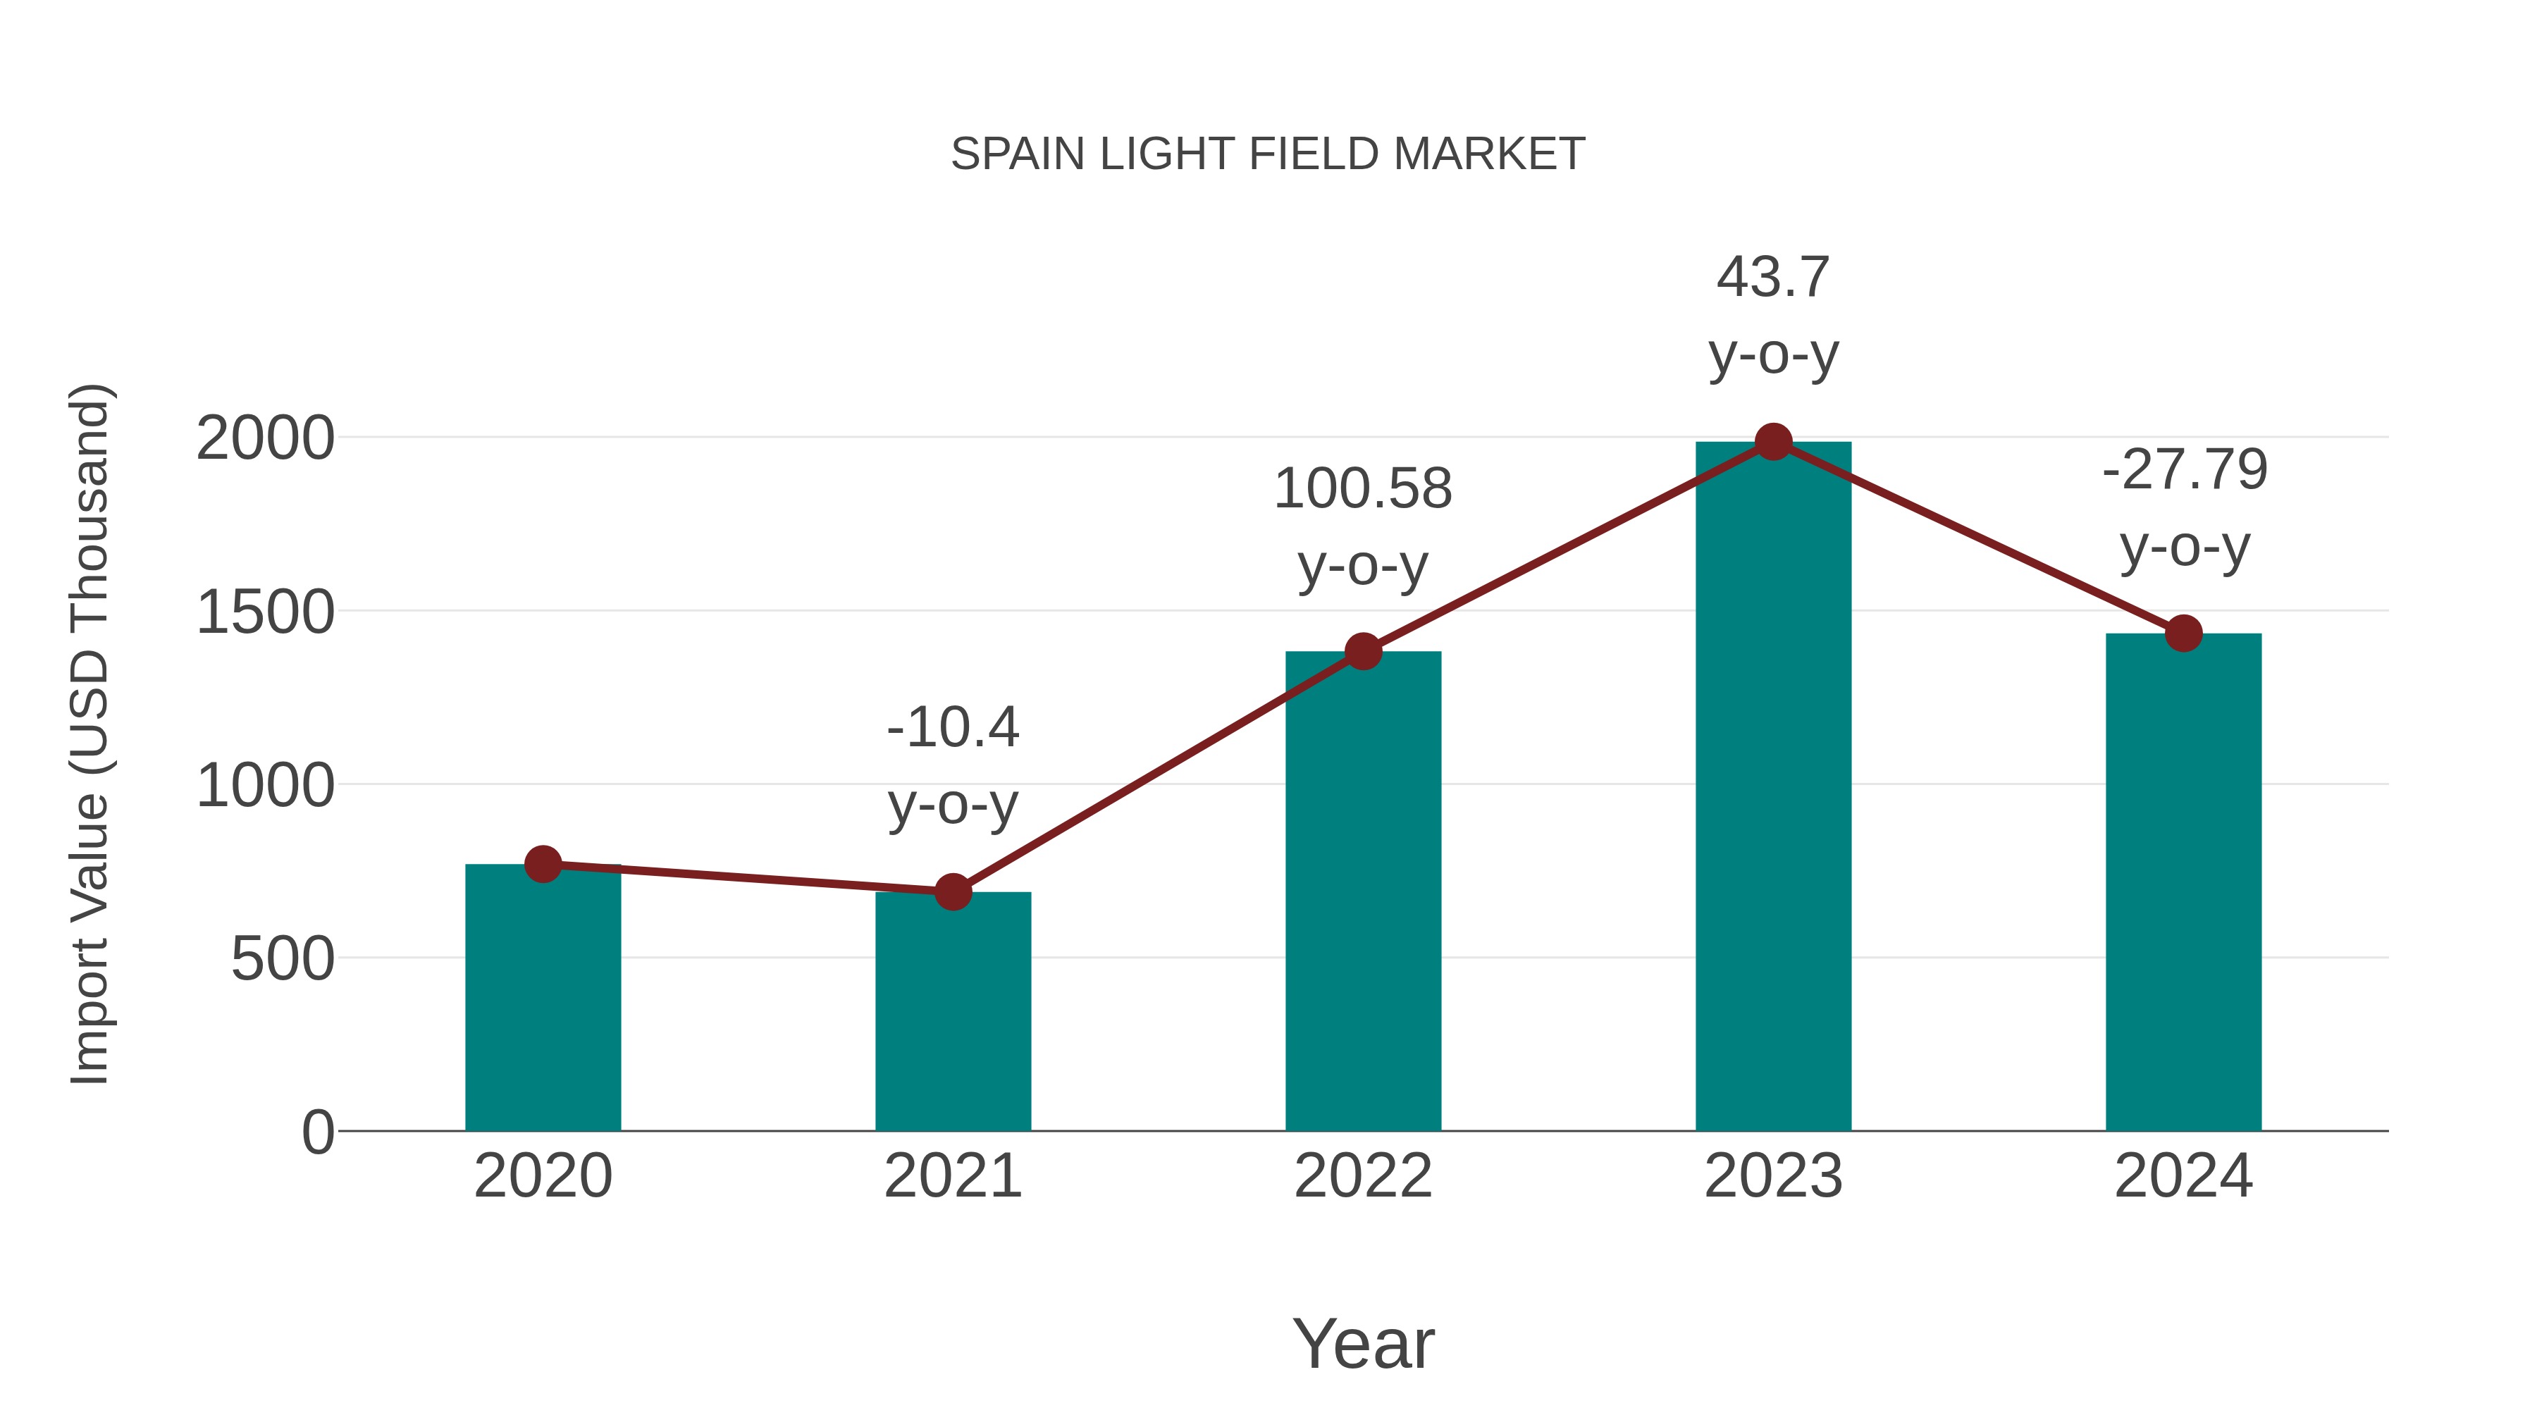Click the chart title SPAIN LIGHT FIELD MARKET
(x=1268, y=154)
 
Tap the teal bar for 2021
(x=952, y=1014)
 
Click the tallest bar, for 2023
(x=1773, y=788)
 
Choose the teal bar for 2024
(x=2183, y=887)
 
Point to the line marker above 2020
(x=543, y=864)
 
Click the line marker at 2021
(x=952, y=891)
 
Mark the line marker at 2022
(x=1363, y=651)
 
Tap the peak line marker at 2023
(x=1773, y=442)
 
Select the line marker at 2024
(x=2183, y=634)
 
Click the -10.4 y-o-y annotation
(x=952, y=766)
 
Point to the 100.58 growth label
(x=1363, y=527)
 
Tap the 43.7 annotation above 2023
(x=1773, y=315)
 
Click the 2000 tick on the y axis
(x=265, y=438)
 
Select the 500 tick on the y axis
(x=282, y=958)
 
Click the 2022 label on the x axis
(x=1363, y=1176)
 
